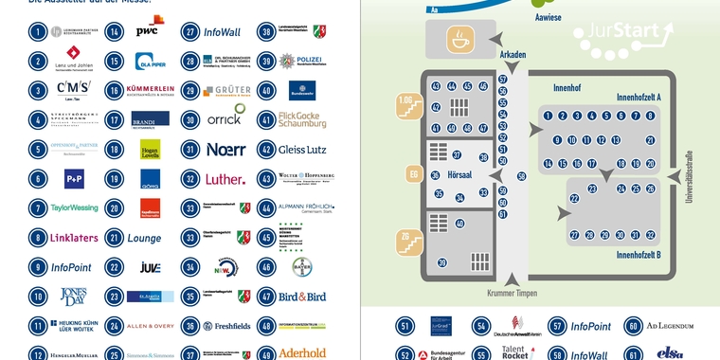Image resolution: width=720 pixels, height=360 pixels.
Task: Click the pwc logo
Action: click(147, 31)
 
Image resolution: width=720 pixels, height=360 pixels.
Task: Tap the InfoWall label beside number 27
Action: click(222, 31)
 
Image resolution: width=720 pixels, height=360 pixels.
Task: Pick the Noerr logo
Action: click(225, 149)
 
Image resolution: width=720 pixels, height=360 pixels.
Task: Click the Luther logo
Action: click(225, 179)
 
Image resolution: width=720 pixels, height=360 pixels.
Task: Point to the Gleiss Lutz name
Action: click(302, 149)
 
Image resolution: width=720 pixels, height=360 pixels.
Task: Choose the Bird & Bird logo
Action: click(302, 297)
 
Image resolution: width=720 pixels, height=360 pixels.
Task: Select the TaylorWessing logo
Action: click(74, 207)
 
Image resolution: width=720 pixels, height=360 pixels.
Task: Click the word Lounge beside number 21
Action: click(145, 238)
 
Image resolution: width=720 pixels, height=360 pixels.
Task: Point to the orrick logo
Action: click(224, 119)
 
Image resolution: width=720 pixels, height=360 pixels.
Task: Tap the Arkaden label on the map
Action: click(513, 55)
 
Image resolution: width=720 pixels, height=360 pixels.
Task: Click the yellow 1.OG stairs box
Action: click(405, 106)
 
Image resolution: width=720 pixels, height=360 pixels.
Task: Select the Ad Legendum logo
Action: click(671, 327)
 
